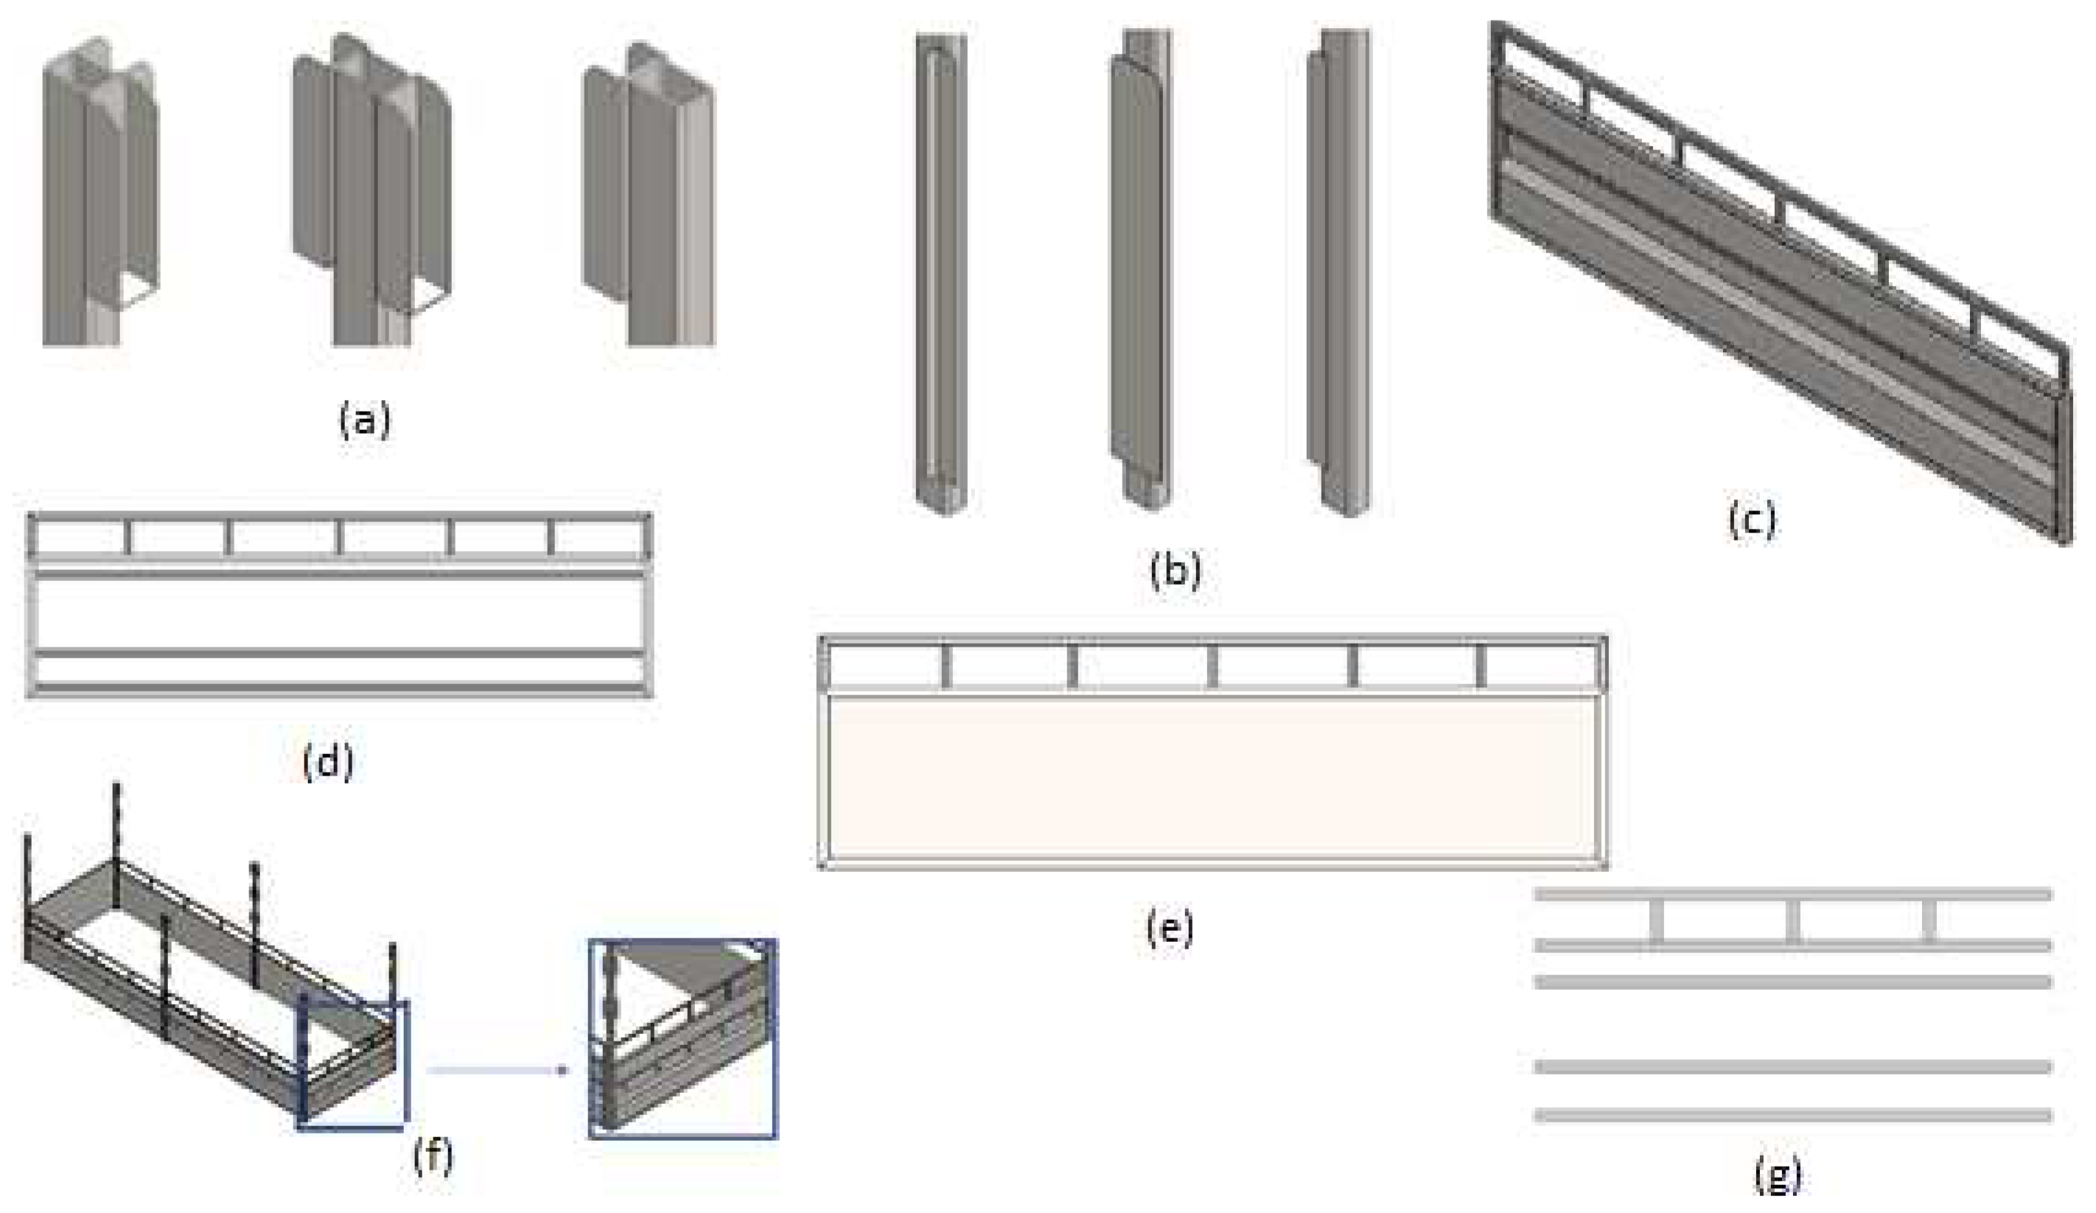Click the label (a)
click(x=364, y=421)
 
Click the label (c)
click(x=1752, y=520)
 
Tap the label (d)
click(x=328, y=762)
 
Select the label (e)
click(x=1170, y=928)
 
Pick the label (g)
click(x=1778, y=1175)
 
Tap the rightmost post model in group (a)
click(x=649, y=200)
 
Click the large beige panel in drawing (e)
click(x=1212, y=773)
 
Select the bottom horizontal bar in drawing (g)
click(x=1792, y=1115)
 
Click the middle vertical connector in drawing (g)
click(x=1792, y=921)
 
